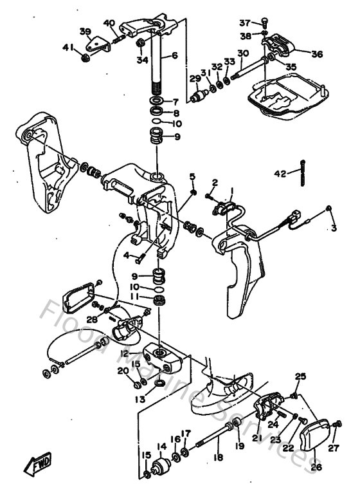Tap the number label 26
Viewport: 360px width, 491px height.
tap(316, 467)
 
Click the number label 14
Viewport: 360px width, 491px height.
tap(161, 445)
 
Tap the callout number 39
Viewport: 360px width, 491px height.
tap(85, 32)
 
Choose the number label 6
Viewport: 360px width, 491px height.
tap(174, 56)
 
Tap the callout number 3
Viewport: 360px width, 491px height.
tap(334, 228)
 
